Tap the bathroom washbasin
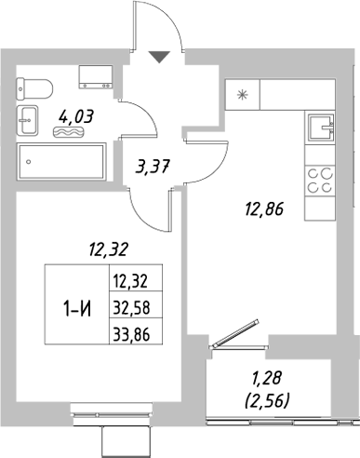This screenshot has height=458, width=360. click(27, 119)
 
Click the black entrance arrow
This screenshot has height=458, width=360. click(160, 57)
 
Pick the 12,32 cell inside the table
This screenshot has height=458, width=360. click(130, 278)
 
